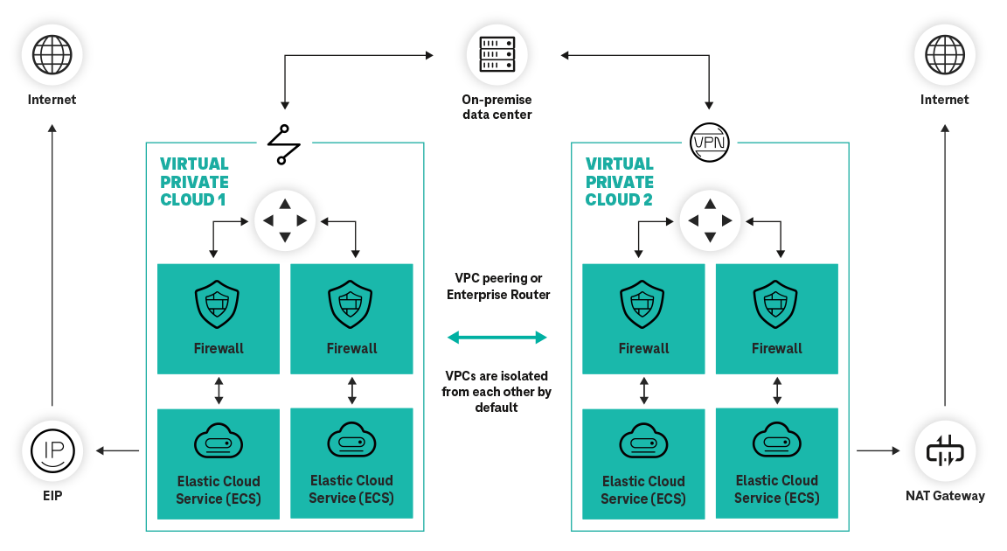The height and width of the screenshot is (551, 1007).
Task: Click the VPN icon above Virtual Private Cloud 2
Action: click(710, 142)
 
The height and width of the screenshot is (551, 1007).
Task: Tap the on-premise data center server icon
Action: click(497, 54)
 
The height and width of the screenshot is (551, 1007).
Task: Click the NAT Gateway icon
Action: click(944, 450)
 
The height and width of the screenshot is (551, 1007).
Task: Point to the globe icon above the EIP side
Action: click(52, 54)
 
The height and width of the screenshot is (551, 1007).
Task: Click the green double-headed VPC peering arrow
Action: click(497, 337)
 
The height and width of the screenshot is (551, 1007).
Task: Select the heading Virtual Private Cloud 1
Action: click(194, 182)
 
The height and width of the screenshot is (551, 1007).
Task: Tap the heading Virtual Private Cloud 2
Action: click(620, 182)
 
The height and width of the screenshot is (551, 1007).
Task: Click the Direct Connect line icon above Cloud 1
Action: click(283, 144)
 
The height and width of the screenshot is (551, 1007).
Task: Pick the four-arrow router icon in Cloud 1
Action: click(284, 220)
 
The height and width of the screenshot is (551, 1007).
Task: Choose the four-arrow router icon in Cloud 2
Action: click(710, 220)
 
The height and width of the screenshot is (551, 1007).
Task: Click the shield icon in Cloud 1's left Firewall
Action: click(219, 304)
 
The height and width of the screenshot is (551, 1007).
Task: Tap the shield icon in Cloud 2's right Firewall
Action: click(776, 304)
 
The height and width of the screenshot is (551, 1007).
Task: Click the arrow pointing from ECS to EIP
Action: click(118, 450)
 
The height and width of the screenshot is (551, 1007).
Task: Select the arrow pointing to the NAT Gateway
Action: click(878, 450)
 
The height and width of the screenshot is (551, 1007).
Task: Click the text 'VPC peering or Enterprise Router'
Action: click(498, 286)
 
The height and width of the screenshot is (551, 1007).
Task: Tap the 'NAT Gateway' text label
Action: click(945, 496)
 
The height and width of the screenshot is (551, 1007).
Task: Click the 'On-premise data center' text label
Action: click(497, 107)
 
